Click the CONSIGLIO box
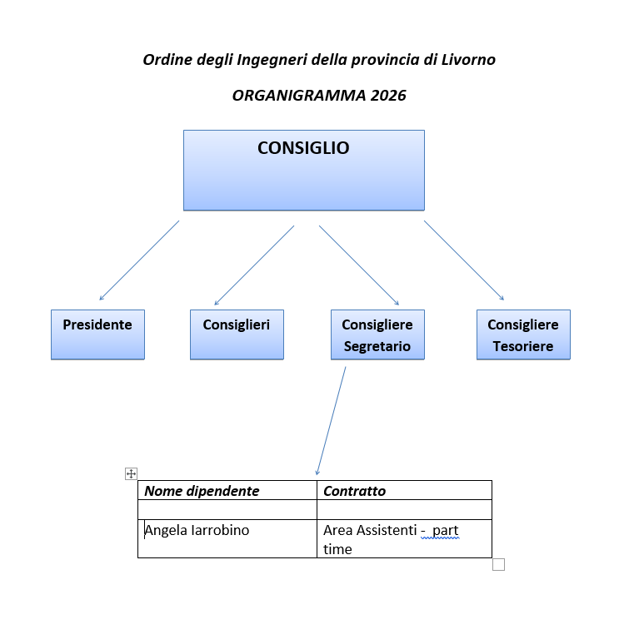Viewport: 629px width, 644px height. point(304,170)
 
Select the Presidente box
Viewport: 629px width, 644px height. point(97,334)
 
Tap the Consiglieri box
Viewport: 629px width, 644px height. point(237,334)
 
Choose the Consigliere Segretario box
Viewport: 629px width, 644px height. point(377,334)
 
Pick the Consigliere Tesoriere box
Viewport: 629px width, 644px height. point(523,334)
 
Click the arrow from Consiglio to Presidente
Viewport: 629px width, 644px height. point(139,260)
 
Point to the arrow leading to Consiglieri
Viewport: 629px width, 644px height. point(254,265)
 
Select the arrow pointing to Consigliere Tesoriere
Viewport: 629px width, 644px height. point(464,260)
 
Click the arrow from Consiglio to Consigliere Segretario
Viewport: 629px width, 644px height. point(359,265)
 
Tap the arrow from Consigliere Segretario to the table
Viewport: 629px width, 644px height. point(331,421)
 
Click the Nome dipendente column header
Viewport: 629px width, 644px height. point(202,491)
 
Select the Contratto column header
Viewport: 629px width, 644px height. point(354,491)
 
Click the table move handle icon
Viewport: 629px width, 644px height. point(131,473)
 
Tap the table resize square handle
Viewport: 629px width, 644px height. point(499,564)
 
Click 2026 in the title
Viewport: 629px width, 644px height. point(388,96)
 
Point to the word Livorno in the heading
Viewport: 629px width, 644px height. point(468,60)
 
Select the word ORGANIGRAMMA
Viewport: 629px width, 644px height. point(299,96)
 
